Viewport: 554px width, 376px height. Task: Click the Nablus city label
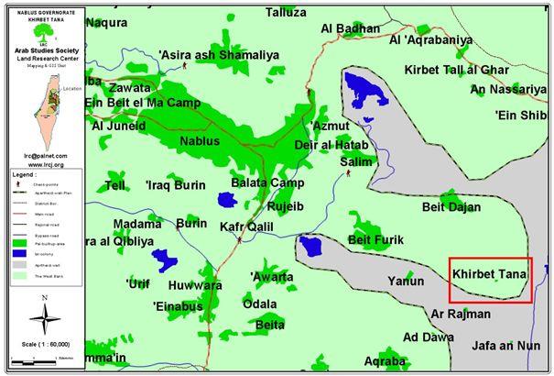[200, 141]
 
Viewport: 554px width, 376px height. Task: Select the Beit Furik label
[375, 240]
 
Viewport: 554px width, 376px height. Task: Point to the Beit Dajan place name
[451, 207]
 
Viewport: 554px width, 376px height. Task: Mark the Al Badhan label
[349, 28]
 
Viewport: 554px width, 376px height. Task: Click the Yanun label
[406, 281]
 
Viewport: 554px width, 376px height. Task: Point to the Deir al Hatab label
[331, 146]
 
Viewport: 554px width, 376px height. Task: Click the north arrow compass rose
[43, 318]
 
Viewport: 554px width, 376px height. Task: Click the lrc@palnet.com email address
[42, 156]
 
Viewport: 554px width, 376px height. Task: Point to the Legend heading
[25, 173]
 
